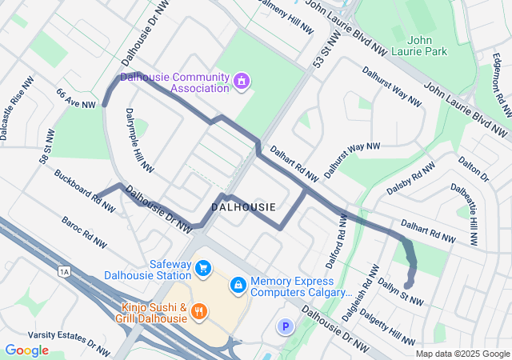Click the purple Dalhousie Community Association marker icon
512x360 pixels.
pos(241,82)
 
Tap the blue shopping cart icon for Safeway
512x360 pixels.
pos(203,268)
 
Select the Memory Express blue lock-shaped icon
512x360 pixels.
pos(238,285)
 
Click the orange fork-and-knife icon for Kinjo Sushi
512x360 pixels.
pos(200,311)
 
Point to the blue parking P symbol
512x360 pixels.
pos(284,326)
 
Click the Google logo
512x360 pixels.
pos(26,350)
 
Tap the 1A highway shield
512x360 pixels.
pos(64,272)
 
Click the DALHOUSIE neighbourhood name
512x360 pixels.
pos(243,207)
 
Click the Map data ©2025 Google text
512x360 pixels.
pos(462,354)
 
